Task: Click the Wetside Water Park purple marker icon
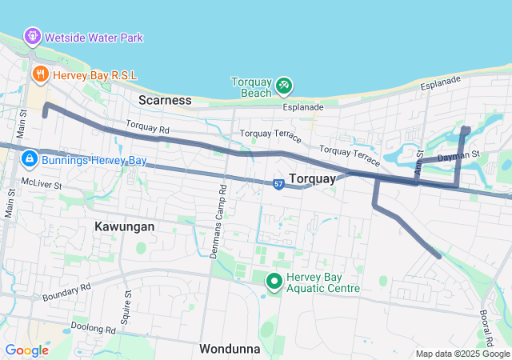32,36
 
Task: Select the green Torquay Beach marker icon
283,85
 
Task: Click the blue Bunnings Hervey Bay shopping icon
29,160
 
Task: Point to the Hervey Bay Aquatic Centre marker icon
274,281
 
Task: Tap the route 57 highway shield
278,184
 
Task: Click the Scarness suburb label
165,100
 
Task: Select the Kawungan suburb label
124,226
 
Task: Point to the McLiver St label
42,183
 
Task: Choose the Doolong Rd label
93,327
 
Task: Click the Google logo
26,350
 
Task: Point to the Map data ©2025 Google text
462,354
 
